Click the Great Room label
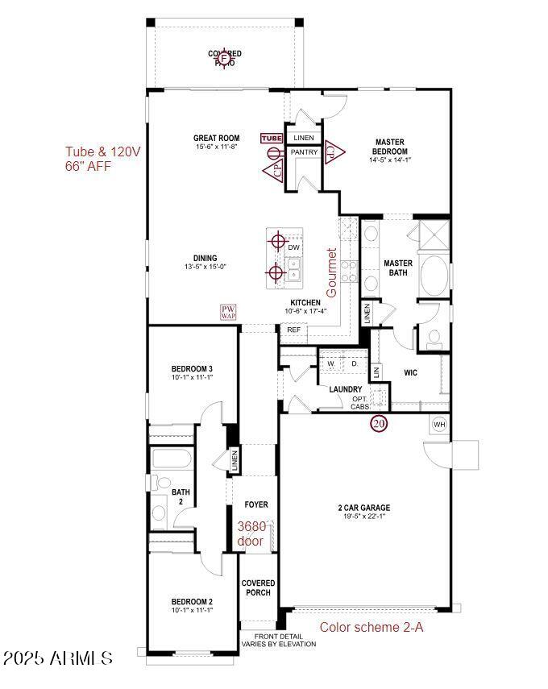coord(217,138)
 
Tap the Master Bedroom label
coord(389,147)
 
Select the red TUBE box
coord(272,138)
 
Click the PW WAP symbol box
coord(228,313)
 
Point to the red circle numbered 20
coord(379,423)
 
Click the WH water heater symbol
coord(439,424)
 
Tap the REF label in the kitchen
coord(293,330)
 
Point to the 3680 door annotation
coord(251,533)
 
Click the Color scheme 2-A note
coord(372,626)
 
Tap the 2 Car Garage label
coord(363,508)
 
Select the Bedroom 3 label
coord(192,369)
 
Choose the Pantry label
coord(304,152)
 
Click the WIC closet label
coord(410,373)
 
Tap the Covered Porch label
coord(258,587)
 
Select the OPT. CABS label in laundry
coord(360,403)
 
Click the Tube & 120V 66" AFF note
coord(103,158)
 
